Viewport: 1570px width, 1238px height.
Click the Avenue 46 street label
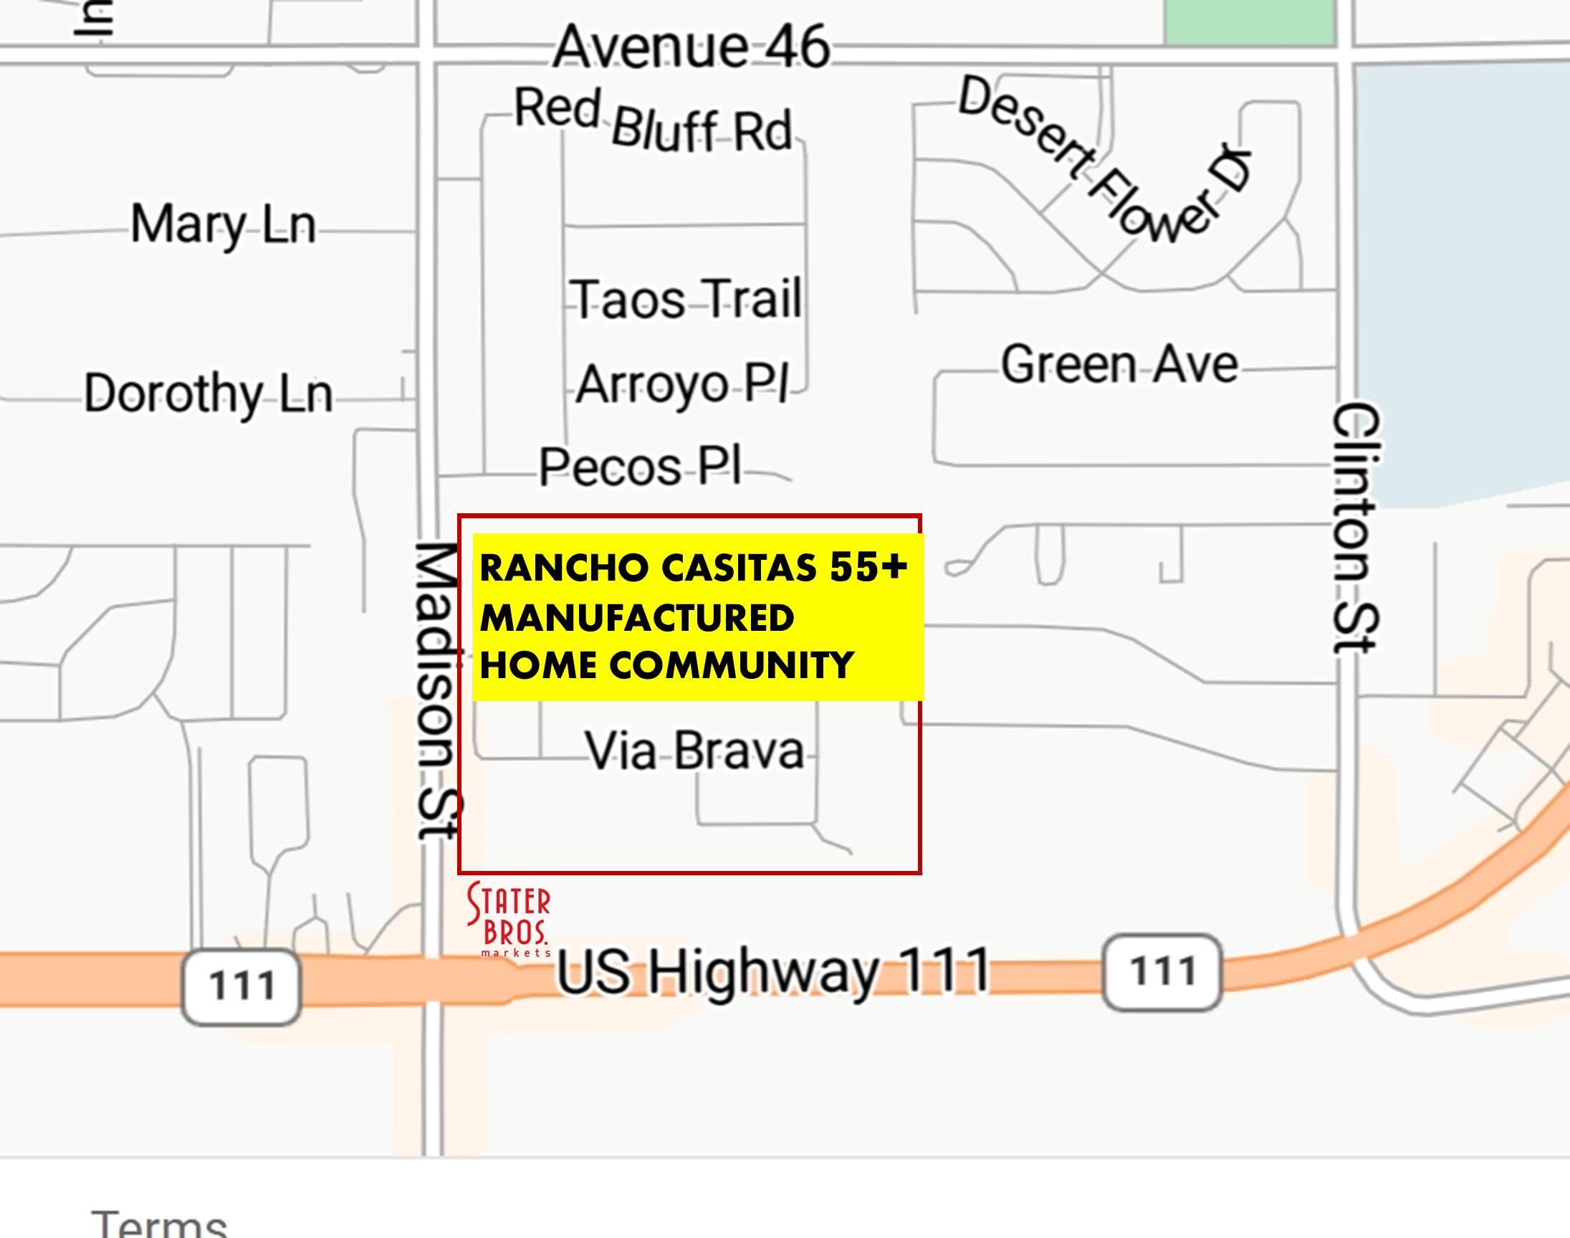click(x=691, y=48)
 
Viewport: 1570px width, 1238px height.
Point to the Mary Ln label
click(x=223, y=224)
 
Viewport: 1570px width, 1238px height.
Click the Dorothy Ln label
click(x=208, y=394)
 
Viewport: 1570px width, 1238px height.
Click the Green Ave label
click(x=1119, y=364)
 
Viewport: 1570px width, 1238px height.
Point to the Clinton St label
click(x=1355, y=528)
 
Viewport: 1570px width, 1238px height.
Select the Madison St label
click(x=438, y=692)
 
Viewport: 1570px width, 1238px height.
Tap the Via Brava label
click(x=695, y=751)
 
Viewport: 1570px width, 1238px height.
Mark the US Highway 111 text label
click(x=772, y=971)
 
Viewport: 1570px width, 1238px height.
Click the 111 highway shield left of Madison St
click(x=241, y=986)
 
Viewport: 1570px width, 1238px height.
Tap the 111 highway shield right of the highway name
click(x=1162, y=971)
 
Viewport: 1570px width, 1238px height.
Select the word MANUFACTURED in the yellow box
click(x=637, y=618)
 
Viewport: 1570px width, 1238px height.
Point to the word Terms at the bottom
click(x=159, y=1225)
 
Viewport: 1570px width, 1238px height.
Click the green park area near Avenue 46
click(x=1249, y=22)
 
